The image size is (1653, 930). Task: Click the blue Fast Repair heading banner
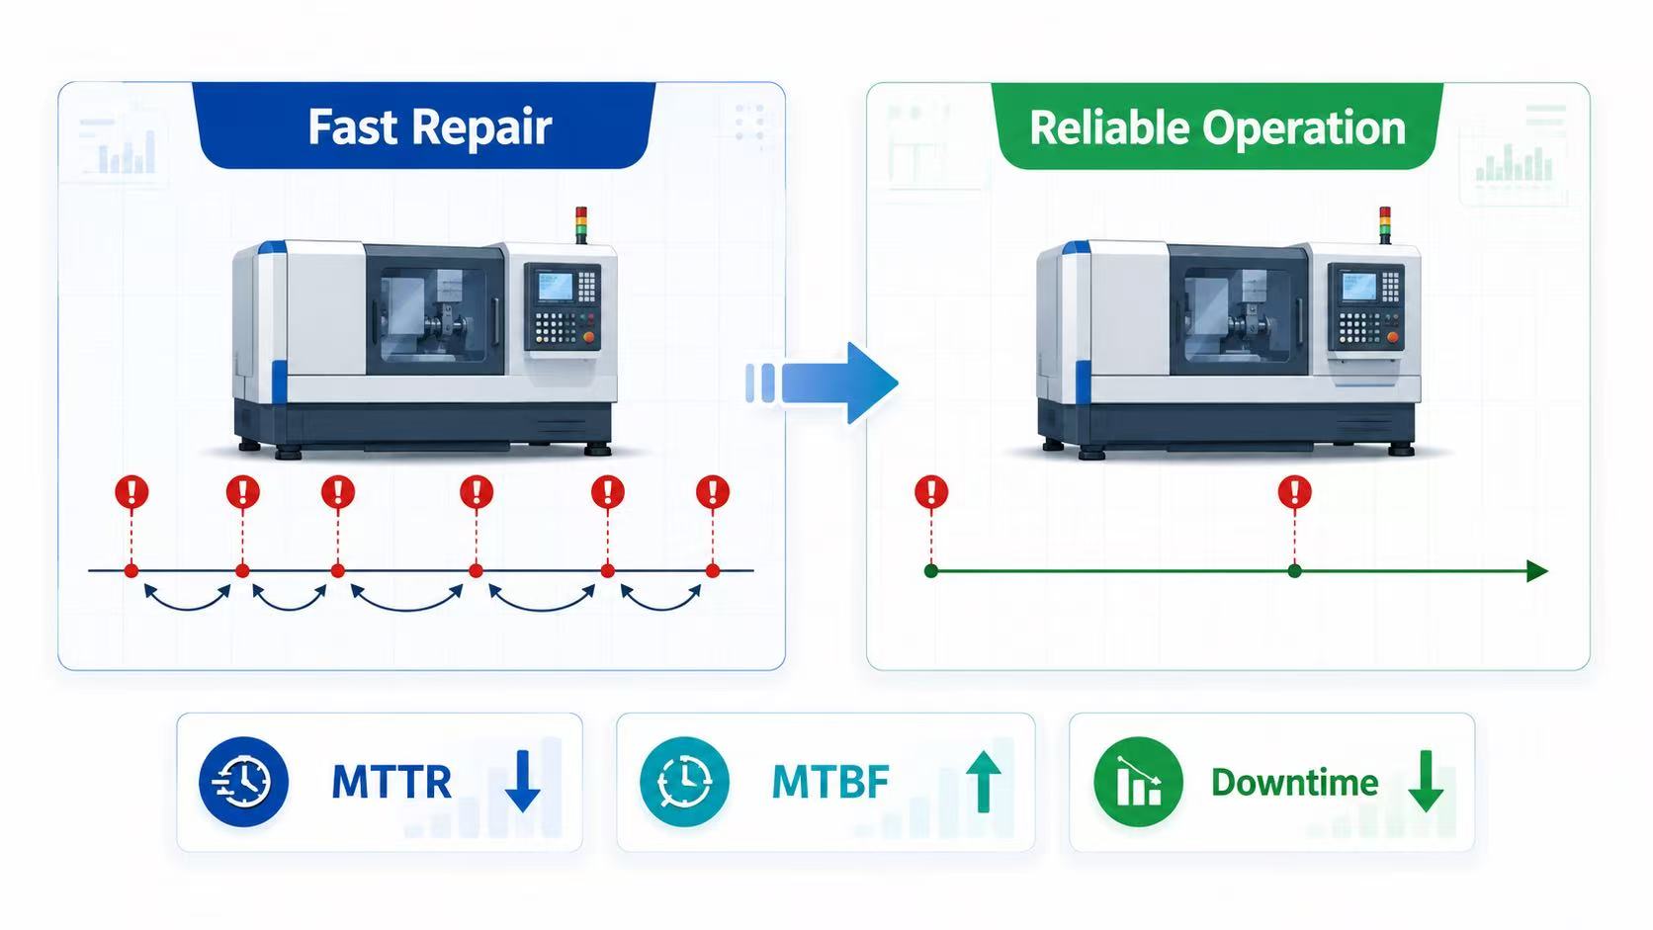[x=423, y=126]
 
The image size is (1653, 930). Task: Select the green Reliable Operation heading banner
[x=1217, y=127]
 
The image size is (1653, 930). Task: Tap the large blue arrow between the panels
[x=823, y=382]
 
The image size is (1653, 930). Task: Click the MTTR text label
[x=391, y=783]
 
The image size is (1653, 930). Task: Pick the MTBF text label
[x=830, y=783]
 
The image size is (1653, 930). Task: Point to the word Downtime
[x=1294, y=783]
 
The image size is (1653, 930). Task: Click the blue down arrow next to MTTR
[x=522, y=781]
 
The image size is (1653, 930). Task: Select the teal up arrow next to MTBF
[x=983, y=782]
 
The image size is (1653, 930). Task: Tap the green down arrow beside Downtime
[x=1426, y=781]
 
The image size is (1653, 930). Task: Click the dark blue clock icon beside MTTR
[x=243, y=781]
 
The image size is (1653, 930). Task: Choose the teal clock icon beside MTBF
[x=684, y=781]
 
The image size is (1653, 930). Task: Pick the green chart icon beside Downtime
[x=1138, y=781]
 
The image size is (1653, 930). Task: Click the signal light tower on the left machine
[x=581, y=225]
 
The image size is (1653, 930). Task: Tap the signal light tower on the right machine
[x=1385, y=225]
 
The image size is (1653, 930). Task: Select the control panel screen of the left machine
[x=555, y=287]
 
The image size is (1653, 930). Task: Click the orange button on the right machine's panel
[x=1392, y=337]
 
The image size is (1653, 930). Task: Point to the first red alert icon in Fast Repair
[x=132, y=492]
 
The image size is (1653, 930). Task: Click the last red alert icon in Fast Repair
[x=713, y=492]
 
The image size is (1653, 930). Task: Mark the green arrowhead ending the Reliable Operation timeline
[x=1537, y=571]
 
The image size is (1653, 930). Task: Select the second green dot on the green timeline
[x=1294, y=571]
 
